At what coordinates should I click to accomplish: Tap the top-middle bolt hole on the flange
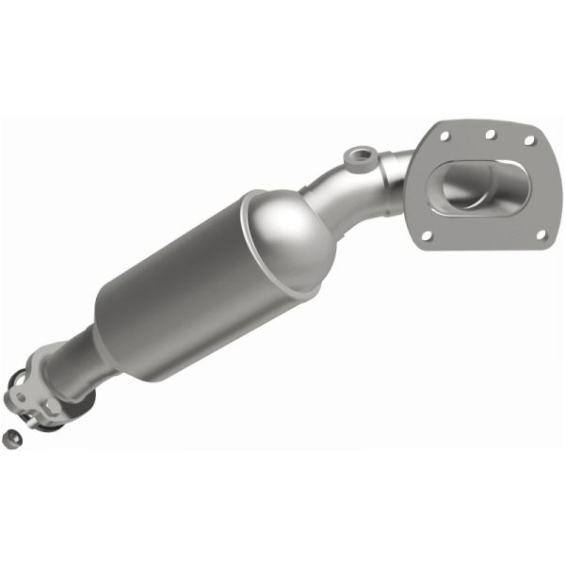(x=490, y=131)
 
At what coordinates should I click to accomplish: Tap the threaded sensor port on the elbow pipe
(x=358, y=155)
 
